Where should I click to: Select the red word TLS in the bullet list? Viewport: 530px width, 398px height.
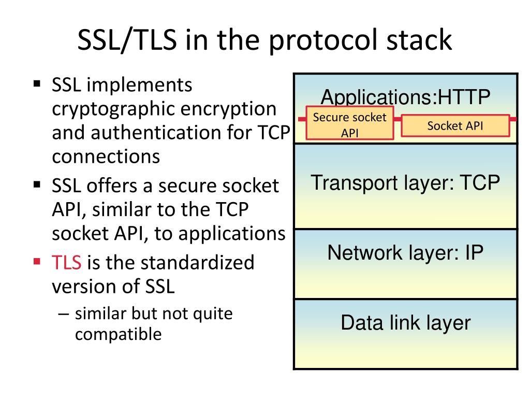point(67,263)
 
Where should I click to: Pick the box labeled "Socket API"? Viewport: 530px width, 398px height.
point(455,125)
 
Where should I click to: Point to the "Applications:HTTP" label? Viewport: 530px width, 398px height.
point(405,97)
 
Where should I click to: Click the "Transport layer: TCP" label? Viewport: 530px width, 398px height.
point(405,183)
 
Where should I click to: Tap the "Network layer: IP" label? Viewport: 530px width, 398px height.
point(405,253)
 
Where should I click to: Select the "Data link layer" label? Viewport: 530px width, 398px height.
point(405,323)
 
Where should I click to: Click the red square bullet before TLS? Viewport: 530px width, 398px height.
point(37,260)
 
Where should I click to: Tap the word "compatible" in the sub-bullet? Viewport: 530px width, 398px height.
point(118,334)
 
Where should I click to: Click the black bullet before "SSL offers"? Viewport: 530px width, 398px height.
point(37,183)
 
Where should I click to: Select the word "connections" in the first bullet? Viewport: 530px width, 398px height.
point(106,156)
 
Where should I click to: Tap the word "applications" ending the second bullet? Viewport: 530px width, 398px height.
point(232,233)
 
